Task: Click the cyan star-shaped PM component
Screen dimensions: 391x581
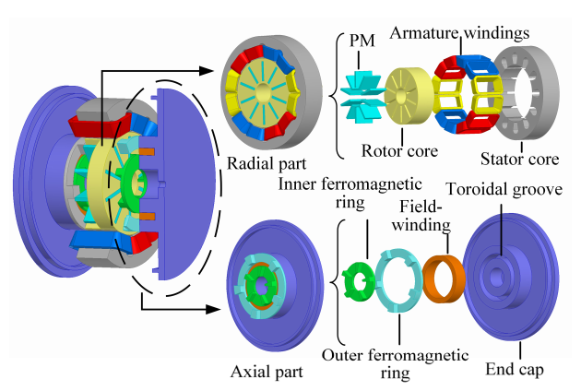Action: point(362,98)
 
